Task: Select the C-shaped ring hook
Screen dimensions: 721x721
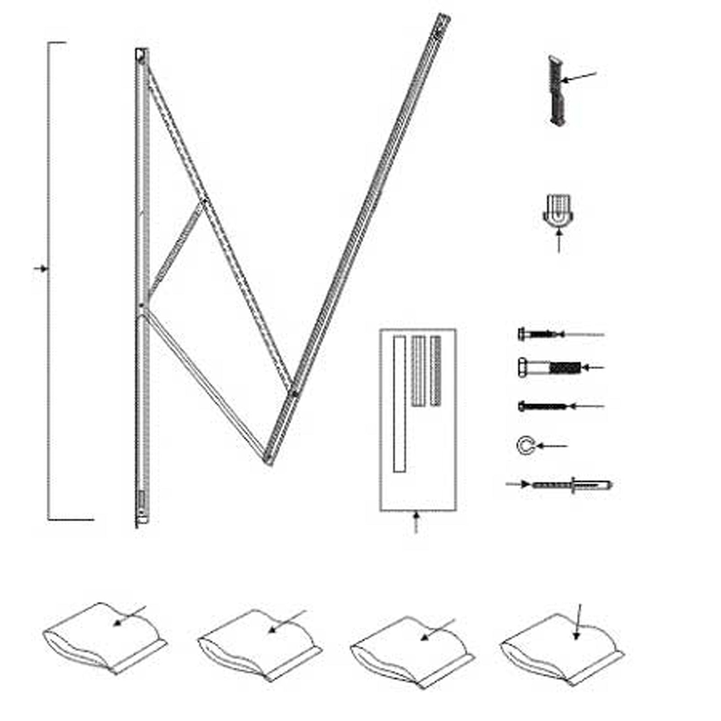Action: [x=525, y=446]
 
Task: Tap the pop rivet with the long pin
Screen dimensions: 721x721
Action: [x=571, y=485]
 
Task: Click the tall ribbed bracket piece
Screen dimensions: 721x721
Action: [x=557, y=90]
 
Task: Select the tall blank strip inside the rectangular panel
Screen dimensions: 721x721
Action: [x=399, y=403]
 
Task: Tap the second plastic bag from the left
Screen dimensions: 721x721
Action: [x=259, y=644]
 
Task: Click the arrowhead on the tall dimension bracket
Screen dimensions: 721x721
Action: [x=43, y=269]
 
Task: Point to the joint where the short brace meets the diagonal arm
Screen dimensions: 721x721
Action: [x=205, y=201]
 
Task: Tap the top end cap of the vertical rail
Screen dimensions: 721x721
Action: [x=141, y=55]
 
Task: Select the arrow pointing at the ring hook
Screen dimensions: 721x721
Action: [x=552, y=446]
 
